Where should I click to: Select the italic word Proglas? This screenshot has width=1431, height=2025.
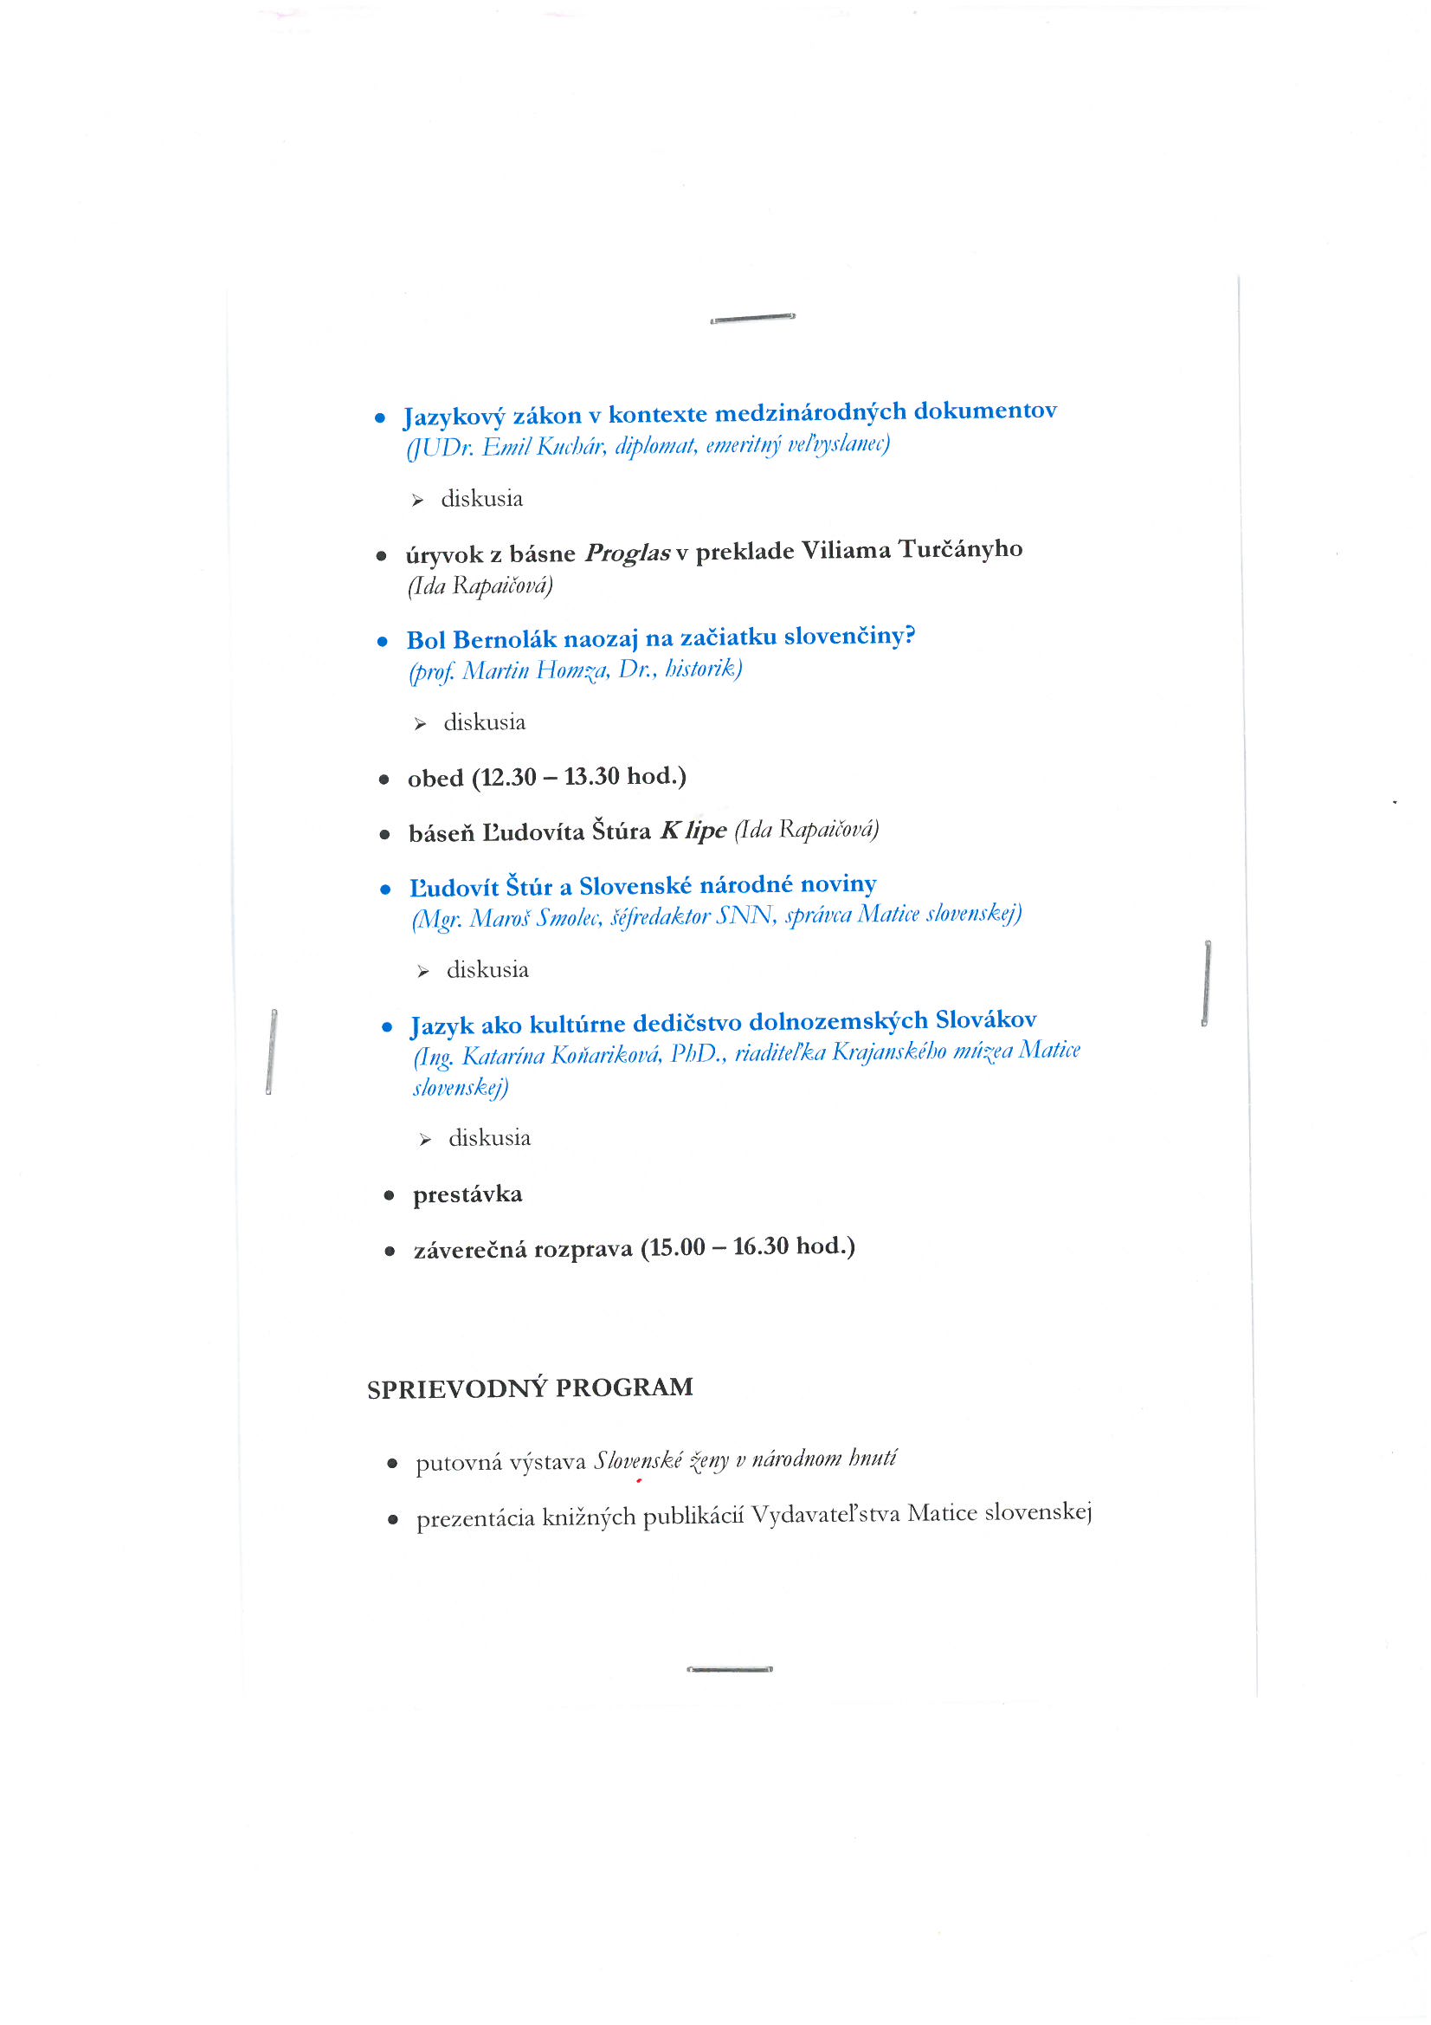tap(628, 553)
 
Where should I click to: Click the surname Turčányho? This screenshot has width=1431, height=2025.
tap(960, 548)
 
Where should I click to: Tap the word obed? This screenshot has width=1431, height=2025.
tap(435, 779)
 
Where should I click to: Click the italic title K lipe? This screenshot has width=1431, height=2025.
tap(693, 830)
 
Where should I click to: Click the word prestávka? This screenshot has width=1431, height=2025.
tap(467, 1194)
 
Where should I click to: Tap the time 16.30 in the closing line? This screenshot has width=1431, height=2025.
tap(760, 1246)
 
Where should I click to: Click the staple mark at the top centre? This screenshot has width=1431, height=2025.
tap(752, 318)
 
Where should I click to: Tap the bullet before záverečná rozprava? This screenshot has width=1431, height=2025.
tap(390, 1251)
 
